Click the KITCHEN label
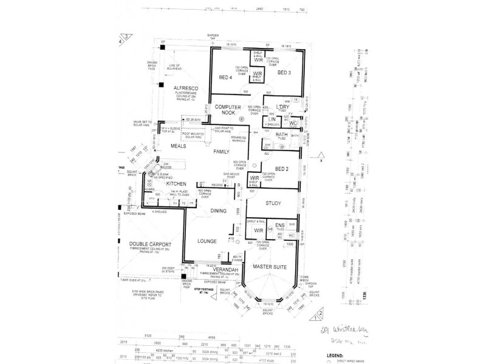[x=176, y=183]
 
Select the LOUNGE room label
[x=207, y=241]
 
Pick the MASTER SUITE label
[x=270, y=267]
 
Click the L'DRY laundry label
[x=281, y=107]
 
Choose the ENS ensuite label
[x=280, y=225]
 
